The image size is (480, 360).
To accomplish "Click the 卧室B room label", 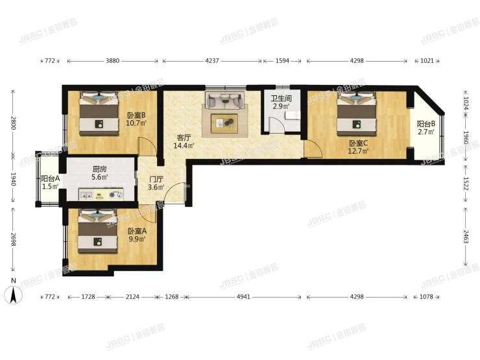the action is (x=136, y=115).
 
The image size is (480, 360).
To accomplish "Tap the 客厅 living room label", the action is (x=184, y=138).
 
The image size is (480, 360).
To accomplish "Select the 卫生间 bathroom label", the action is (x=281, y=99).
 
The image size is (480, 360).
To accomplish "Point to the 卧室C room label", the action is (x=358, y=143).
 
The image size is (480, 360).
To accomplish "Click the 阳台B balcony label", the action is (x=426, y=124).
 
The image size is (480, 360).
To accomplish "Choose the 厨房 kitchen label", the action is (x=99, y=169).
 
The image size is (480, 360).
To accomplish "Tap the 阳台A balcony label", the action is (x=51, y=178).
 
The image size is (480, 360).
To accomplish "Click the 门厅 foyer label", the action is (x=156, y=180).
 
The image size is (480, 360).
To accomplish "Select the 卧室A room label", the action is (x=137, y=231).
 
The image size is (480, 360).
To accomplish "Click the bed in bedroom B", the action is (x=99, y=114).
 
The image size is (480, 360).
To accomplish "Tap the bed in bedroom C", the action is (x=356, y=114).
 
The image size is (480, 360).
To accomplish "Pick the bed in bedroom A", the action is (x=98, y=231).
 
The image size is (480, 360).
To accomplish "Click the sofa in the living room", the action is (x=225, y=100).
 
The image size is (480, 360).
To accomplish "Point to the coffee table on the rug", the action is (x=224, y=123).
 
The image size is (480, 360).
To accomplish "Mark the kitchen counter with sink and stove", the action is (x=101, y=195).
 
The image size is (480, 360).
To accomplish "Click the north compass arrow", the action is (x=13, y=294).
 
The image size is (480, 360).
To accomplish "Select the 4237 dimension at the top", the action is (x=212, y=60).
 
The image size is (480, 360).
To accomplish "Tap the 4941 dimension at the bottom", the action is (x=244, y=296).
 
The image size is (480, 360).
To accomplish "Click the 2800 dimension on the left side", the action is (x=13, y=123).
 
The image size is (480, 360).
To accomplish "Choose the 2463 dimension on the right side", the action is (x=466, y=236).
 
